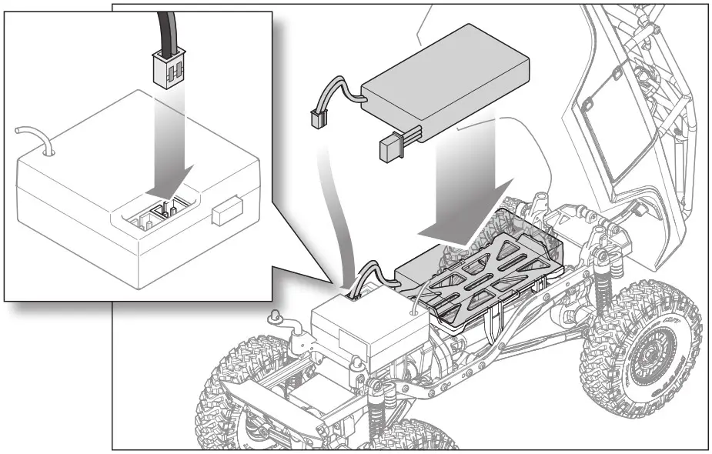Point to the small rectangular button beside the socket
(x=225, y=213)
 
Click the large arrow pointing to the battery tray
(x=465, y=192)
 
